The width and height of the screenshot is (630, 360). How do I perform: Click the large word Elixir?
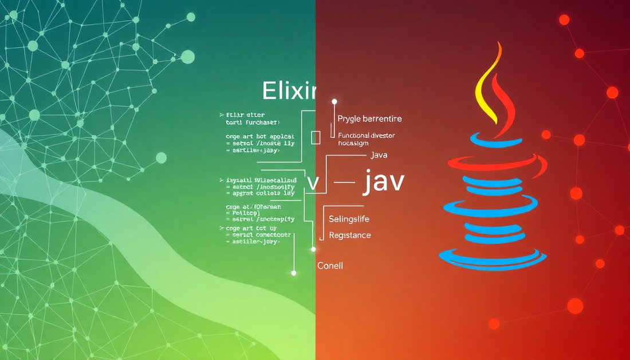pyautogui.click(x=289, y=92)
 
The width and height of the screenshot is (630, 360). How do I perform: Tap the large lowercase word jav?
pyautogui.click(x=384, y=182)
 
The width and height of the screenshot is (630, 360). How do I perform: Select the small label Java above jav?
pyautogui.click(x=380, y=155)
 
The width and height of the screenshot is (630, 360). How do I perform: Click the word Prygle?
pyautogui.click(x=351, y=119)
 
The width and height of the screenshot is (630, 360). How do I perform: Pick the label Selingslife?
pyautogui.click(x=349, y=219)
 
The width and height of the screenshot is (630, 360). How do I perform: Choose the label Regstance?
pyautogui.click(x=349, y=235)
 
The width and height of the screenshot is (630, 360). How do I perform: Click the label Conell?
pyautogui.click(x=330, y=266)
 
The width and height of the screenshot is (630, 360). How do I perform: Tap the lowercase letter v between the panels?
pyautogui.click(x=313, y=183)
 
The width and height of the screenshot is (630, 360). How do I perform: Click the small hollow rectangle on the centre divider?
pyautogui.click(x=315, y=137)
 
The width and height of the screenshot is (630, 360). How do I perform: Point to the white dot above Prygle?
pyautogui.click(x=334, y=101)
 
